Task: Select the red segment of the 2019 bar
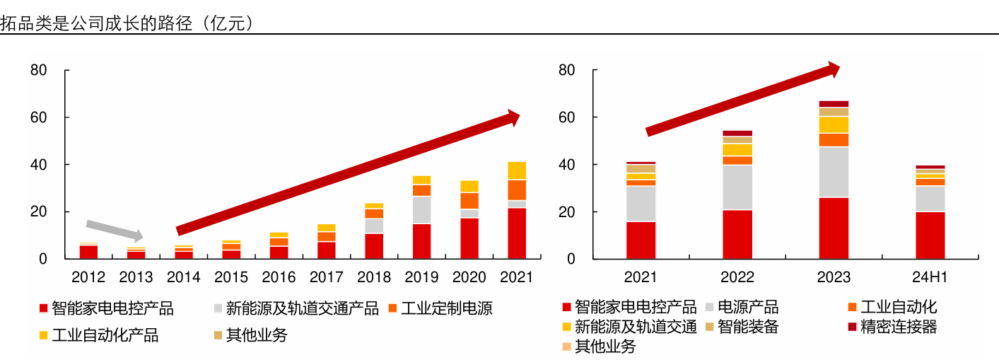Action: click(x=421, y=240)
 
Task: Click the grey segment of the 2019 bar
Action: click(x=421, y=210)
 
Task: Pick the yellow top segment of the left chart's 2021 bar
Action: click(x=517, y=170)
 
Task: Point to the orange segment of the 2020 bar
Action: click(x=469, y=200)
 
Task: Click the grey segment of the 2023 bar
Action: click(x=834, y=172)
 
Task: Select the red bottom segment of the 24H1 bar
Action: click(x=930, y=235)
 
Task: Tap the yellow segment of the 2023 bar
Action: click(x=834, y=124)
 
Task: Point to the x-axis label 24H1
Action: click(x=930, y=277)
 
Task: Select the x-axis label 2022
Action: click(x=737, y=277)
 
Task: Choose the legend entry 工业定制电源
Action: click(x=446, y=308)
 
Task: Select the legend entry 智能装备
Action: click(x=747, y=327)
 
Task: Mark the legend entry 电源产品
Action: click(x=747, y=307)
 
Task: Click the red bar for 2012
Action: click(x=88, y=252)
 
